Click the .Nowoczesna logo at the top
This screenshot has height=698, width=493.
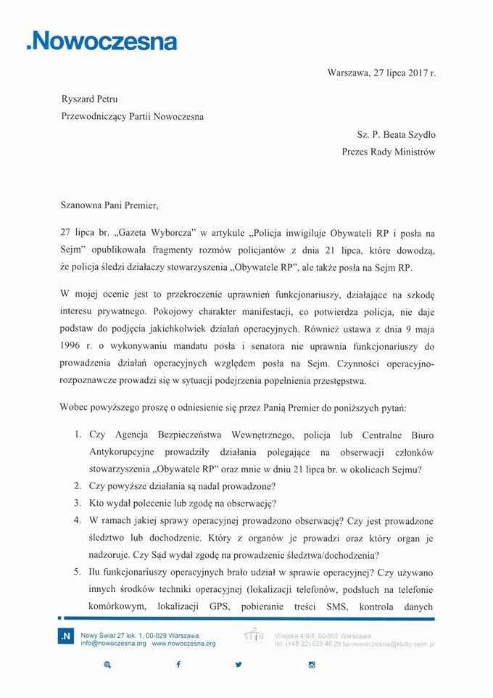coord(101,41)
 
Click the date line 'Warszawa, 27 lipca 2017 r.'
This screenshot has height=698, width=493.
coord(381,73)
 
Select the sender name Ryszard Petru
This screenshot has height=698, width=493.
coord(90,99)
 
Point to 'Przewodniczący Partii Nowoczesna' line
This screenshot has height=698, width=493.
coord(132,116)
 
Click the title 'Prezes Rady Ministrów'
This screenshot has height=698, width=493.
coord(389,152)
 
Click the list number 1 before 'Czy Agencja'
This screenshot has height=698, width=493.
coord(78,435)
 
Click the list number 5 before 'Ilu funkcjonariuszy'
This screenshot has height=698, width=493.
coord(78,572)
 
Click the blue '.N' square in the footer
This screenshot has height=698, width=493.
coord(66,636)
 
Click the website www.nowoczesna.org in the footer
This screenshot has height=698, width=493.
coord(183,644)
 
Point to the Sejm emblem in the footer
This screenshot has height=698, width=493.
coord(254,636)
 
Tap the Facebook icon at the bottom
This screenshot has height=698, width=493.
coord(178,665)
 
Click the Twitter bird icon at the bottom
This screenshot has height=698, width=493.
coord(239,665)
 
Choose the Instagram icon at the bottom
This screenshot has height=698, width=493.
coord(312,665)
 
